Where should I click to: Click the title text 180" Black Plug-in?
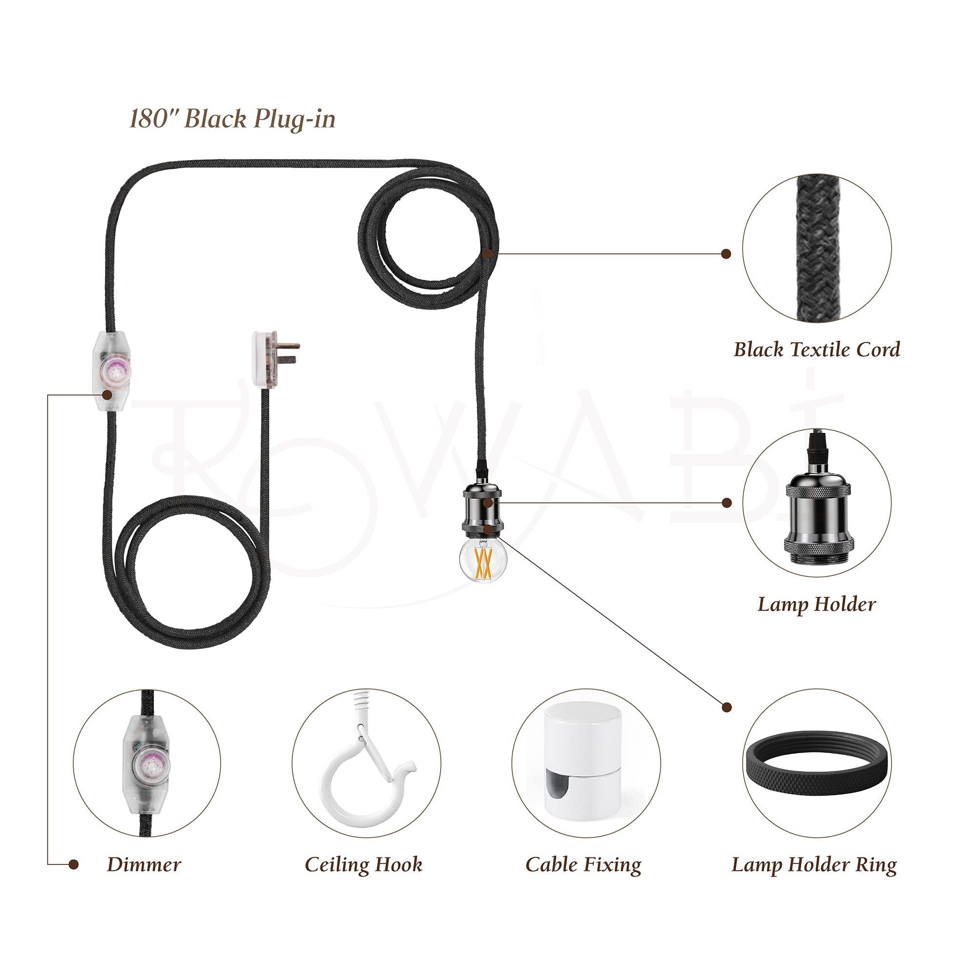click(232, 119)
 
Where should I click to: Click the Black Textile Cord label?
click(816, 349)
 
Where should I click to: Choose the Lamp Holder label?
click(816, 604)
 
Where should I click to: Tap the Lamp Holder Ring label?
click(814, 864)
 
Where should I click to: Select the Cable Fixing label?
click(584, 864)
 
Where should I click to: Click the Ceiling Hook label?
click(363, 864)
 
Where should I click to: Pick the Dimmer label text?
click(144, 864)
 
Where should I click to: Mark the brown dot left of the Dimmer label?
click(74, 864)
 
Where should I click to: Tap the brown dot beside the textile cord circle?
click(726, 254)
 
